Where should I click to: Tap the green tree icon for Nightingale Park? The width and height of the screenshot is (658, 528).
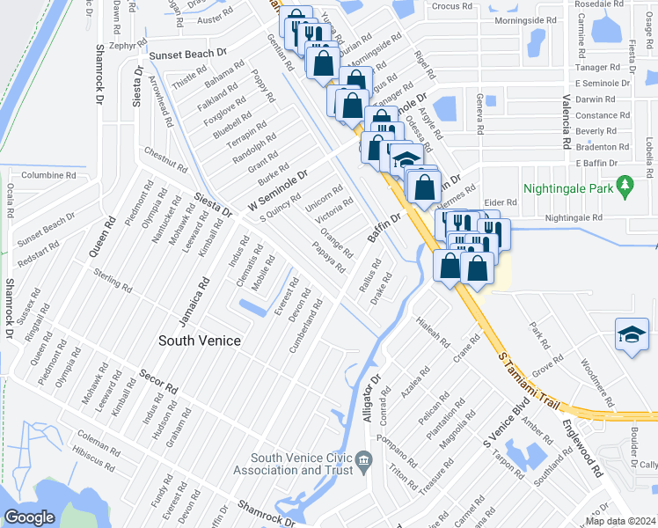click(625, 186)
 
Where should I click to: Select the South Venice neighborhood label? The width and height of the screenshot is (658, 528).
click(199, 340)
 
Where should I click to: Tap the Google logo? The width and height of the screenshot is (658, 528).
click(29, 517)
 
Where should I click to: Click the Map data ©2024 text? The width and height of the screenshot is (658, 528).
click(620, 521)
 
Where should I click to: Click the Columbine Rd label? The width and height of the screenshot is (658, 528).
click(48, 175)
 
